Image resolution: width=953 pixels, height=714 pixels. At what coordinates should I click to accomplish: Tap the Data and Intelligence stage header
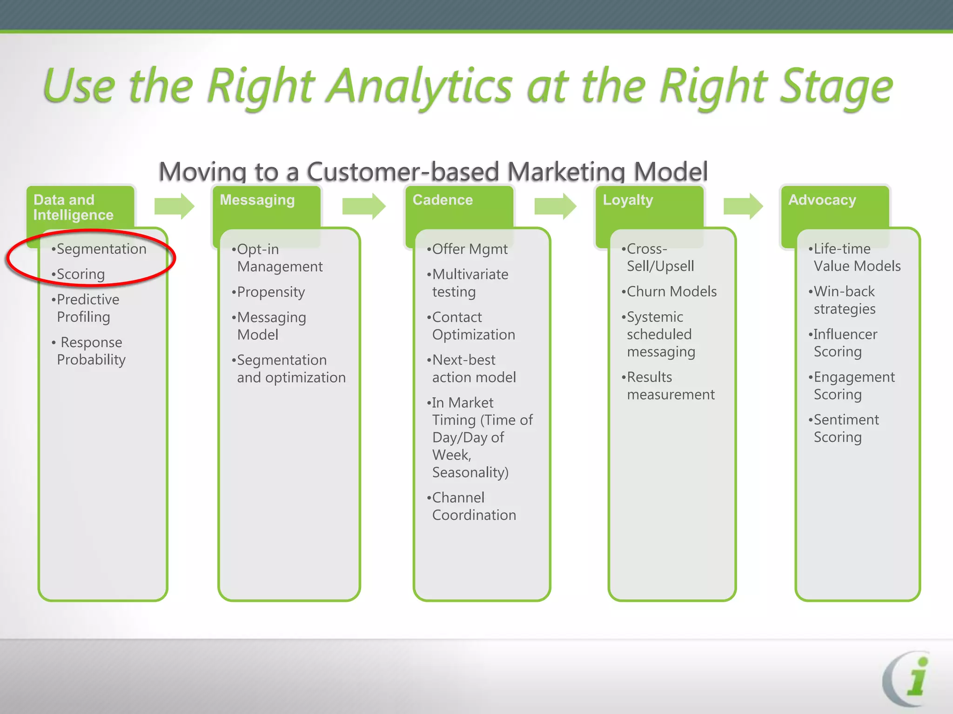74,207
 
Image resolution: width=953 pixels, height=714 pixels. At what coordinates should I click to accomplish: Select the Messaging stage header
257,200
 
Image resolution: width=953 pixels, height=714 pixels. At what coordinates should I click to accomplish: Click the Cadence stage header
443,200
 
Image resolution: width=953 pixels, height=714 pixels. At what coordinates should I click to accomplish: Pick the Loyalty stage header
628,200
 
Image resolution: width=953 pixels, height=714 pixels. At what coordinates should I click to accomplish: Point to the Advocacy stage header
822,200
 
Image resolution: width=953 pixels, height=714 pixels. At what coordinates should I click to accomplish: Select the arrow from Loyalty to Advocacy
743,206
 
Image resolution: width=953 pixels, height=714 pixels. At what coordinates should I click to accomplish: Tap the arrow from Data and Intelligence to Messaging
174,206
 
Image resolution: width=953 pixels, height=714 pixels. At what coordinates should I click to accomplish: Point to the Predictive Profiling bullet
87,308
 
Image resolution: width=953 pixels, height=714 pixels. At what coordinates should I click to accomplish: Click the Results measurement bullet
670,385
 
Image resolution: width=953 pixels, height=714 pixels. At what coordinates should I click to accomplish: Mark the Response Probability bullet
90,351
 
